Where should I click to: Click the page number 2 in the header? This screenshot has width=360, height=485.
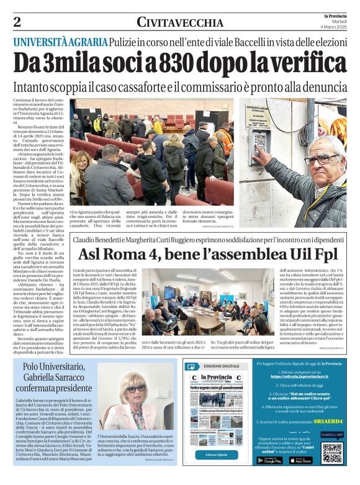(x=17, y=22)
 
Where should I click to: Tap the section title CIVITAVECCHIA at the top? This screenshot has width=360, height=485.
(x=180, y=23)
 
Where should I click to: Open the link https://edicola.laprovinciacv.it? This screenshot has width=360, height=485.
(x=302, y=376)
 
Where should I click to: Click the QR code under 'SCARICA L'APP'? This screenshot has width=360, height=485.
(x=331, y=453)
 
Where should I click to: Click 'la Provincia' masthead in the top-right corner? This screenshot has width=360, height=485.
(x=336, y=15)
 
